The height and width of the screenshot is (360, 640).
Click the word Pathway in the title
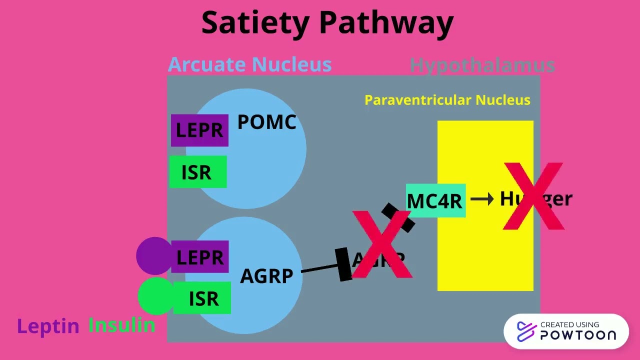pos(386,23)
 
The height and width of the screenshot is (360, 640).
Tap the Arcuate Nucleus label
pos(249,64)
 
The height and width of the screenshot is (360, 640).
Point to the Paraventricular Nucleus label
pos(447,100)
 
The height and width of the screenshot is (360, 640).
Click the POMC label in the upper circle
pos(266,122)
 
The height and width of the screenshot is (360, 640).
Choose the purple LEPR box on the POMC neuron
pos(199,130)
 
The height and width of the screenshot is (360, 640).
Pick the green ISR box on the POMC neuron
pos(197,172)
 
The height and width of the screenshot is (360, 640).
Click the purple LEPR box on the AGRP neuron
pos(200,257)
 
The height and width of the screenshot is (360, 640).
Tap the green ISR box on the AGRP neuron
pos(202,298)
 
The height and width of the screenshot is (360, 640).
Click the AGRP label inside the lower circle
pos(266,276)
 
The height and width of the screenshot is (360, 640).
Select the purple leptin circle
pos(153,256)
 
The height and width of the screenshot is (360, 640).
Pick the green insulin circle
pos(155,296)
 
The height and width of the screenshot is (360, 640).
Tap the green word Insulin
pos(121,325)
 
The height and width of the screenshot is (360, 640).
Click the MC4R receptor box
pos(435,200)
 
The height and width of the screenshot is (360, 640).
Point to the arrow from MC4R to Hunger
pos(482,199)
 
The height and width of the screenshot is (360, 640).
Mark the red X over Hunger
pos(533,196)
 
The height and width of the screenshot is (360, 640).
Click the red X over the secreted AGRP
pos(382,244)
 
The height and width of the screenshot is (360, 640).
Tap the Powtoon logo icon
pos(526,331)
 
